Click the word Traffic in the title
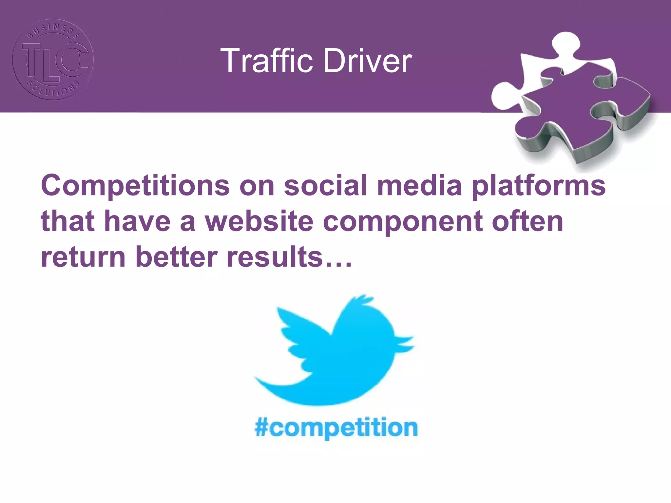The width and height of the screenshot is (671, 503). [x=267, y=61]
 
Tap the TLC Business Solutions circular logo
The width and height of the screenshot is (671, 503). [x=53, y=59]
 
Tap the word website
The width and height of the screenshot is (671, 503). [x=259, y=221]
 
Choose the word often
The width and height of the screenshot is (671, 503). [x=527, y=221]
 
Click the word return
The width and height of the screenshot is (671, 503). [x=83, y=257]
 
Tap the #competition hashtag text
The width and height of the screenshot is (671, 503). [x=336, y=428]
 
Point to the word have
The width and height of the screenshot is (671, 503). [x=138, y=221]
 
